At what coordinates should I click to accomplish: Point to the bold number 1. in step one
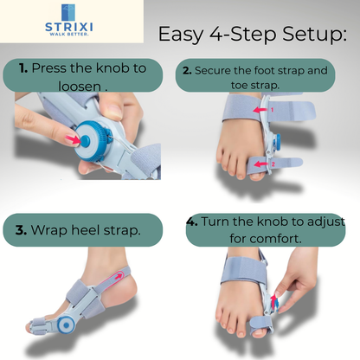[23, 67]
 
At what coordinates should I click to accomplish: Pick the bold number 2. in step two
[186, 70]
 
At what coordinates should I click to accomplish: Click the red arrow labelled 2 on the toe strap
[262, 163]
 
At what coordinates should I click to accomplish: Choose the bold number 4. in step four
[192, 222]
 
